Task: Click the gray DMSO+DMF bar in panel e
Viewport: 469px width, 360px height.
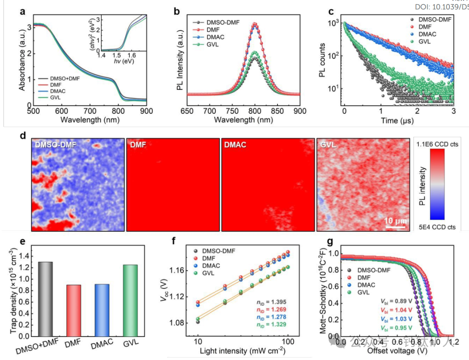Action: [x=45, y=299]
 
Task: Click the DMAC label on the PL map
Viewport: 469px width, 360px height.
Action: [x=235, y=144]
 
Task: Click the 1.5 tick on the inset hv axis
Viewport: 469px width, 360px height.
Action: [x=117, y=56]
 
